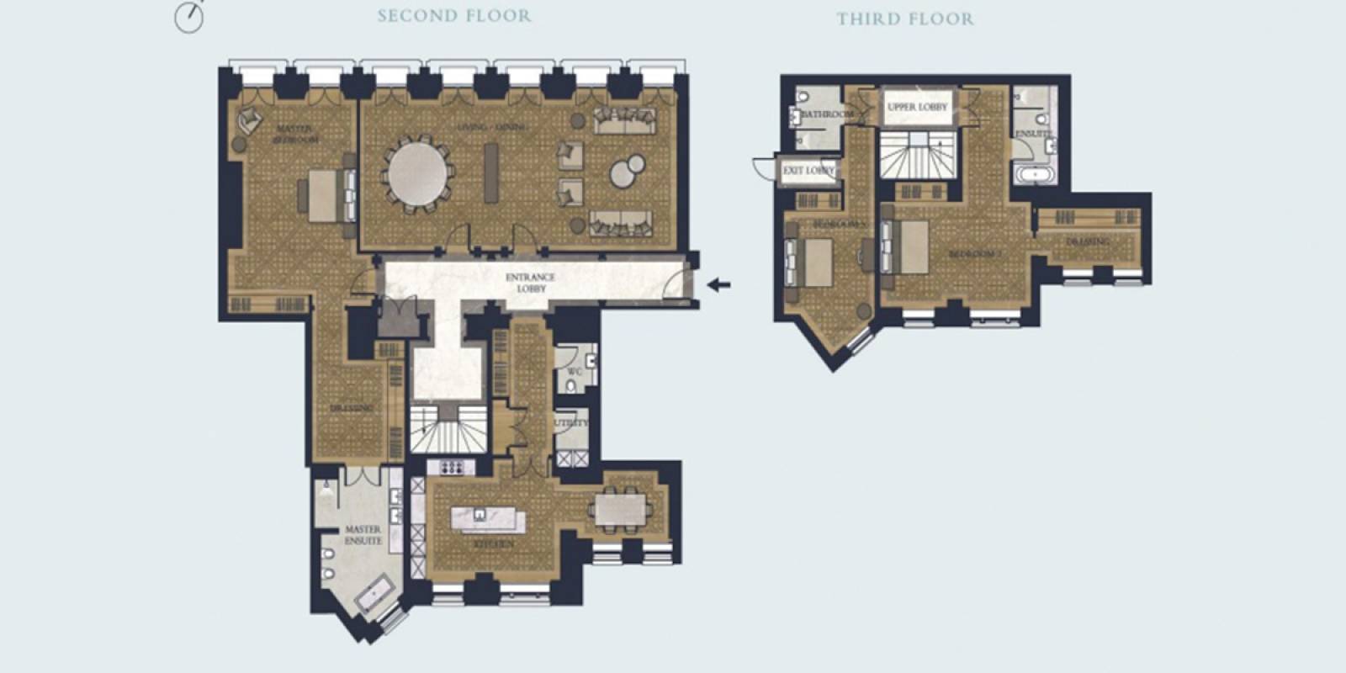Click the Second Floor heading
click(x=453, y=16)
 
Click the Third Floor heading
click(x=904, y=19)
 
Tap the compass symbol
click(x=189, y=16)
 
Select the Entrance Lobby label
click(x=530, y=283)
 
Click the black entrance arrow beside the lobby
click(x=718, y=285)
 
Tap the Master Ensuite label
click(x=363, y=536)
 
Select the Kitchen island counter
click(x=488, y=519)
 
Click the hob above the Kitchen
click(x=452, y=468)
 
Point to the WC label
click(x=575, y=372)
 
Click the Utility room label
click(x=571, y=423)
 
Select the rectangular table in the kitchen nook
click(x=622, y=509)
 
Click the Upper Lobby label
click(x=916, y=108)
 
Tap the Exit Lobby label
click(x=808, y=171)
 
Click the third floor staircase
click(x=915, y=156)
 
